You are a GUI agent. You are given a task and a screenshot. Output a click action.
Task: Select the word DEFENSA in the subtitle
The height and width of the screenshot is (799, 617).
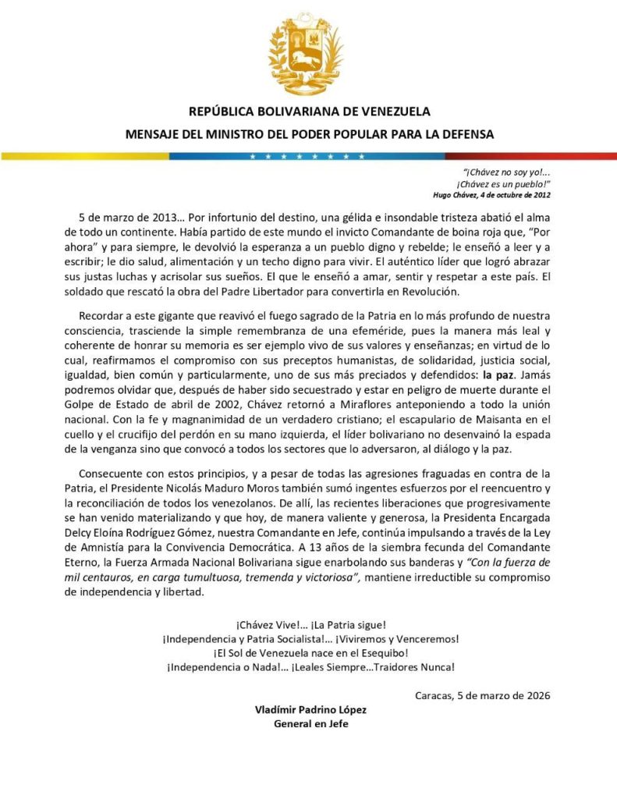click(x=466, y=133)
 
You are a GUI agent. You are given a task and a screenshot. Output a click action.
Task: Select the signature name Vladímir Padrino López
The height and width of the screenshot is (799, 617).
click(x=310, y=709)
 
